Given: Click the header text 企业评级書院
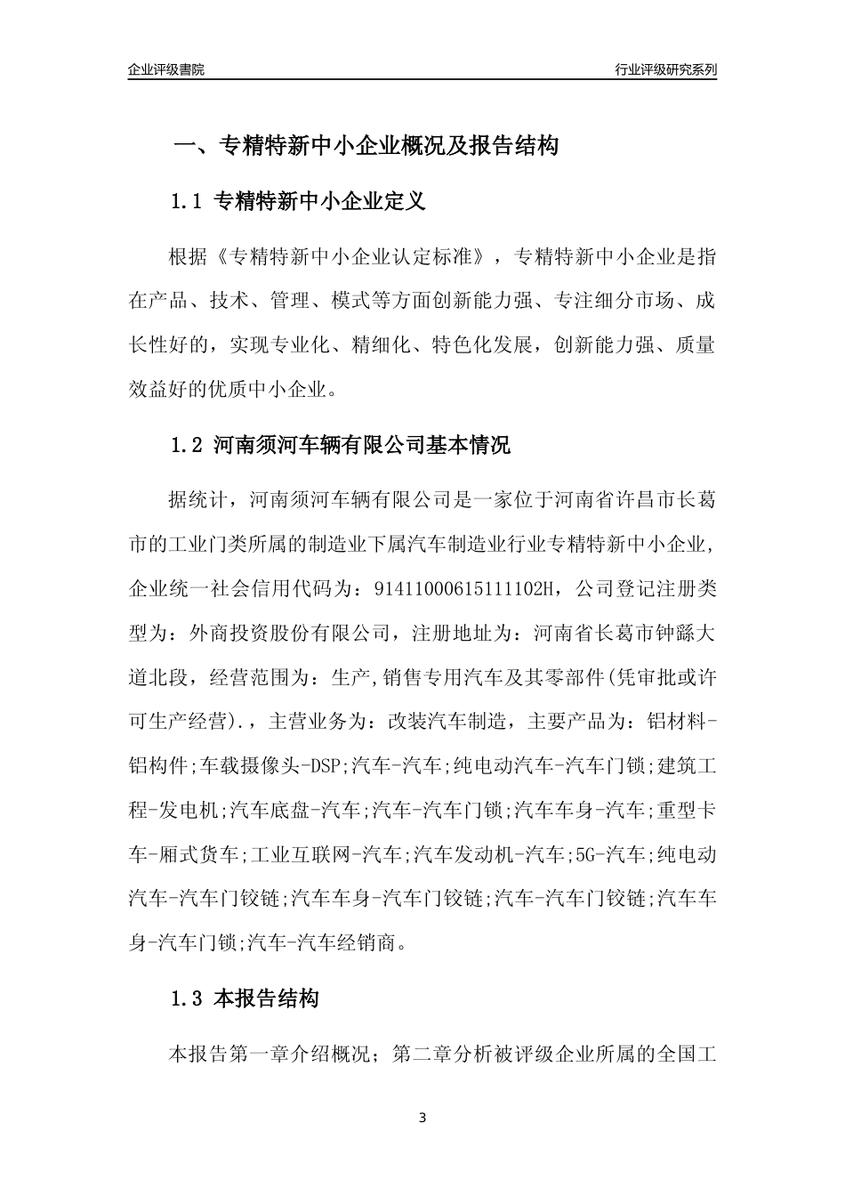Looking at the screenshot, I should pyautogui.click(x=166, y=69).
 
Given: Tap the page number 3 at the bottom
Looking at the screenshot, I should pyautogui.click(x=422, y=1117).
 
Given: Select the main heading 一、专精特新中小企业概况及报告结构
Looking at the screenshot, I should pyautogui.click(x=366, y=146).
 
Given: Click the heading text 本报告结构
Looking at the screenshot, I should pyautogui.click(x=267, y=998).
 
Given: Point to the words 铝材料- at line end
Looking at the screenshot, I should pyautogui.click(x=680, y=721).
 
